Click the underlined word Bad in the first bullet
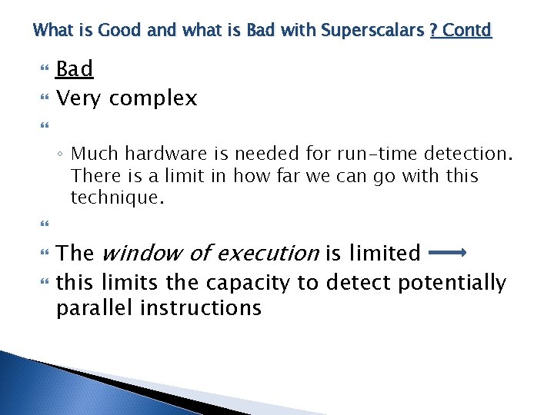pos(75,69)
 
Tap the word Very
pos(80,98)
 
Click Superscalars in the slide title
pos(372,31)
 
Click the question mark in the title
pos(434,31)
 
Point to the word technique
pos(117,198)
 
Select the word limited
pos(383,253)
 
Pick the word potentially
pos(452,284)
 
